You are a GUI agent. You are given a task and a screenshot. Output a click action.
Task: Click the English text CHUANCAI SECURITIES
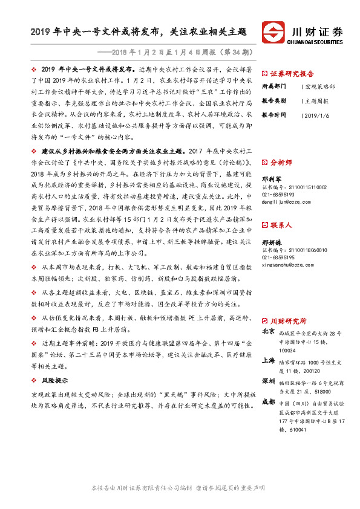(x=317, y=42)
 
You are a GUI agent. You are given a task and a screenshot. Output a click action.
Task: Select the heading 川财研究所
(x=288, y=320)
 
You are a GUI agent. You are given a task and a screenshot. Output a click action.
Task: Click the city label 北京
(x=269, y=332)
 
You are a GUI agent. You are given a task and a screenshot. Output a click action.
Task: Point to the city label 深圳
(x=269, y=382)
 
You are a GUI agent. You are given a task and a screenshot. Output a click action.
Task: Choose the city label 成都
(x=269, y=402)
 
